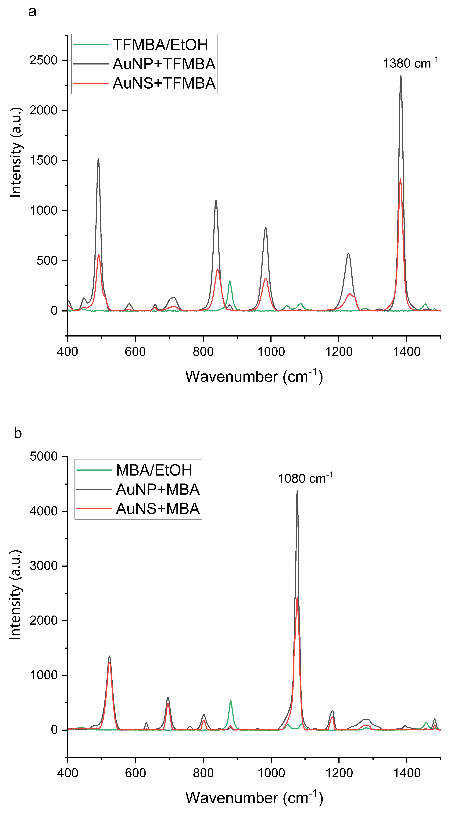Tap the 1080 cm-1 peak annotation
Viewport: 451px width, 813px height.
click(305, 478)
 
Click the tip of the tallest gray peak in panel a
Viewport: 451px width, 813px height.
click(401, 76)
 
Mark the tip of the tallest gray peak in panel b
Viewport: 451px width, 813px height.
click(297, 490)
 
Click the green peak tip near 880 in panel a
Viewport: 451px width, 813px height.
click(230, 281)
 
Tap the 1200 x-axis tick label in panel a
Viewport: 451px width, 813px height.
click(339, 351)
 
